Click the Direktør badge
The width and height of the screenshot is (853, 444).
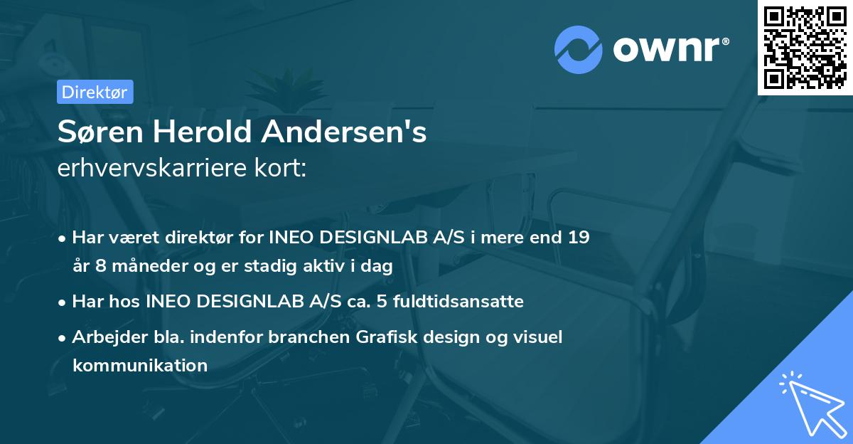pos(95,92)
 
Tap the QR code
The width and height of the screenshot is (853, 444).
pos(804,47)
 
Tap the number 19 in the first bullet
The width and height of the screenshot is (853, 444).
pos(579,237)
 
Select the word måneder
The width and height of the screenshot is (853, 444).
pos(137,266)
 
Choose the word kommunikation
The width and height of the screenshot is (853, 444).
pos(139,366)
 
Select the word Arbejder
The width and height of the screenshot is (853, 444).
pos(105,337)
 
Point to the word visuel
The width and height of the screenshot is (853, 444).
pos(538,337)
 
